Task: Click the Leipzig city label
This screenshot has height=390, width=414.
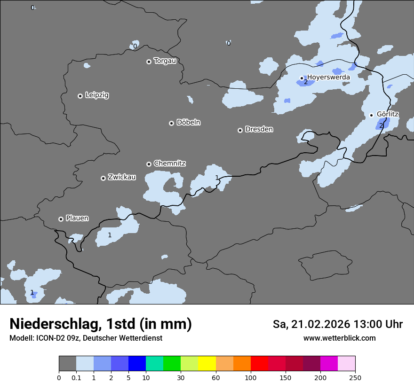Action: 97,95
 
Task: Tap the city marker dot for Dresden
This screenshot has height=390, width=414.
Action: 240,130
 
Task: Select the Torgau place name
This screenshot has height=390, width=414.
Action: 165,61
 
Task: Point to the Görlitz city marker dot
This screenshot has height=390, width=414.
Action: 371,115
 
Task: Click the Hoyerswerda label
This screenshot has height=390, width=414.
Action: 328,77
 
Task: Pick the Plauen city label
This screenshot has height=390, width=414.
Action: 77,218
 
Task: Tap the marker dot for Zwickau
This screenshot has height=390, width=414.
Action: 103,178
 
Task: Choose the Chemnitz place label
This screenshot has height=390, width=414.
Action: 169,163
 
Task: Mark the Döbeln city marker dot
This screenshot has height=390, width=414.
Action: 171,123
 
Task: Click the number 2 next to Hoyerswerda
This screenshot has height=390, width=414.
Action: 306,82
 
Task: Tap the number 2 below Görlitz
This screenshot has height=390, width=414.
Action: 381,125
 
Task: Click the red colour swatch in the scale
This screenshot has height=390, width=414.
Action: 259,364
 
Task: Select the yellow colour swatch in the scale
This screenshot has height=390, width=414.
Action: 207,364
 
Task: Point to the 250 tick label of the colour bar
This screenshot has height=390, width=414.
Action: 355,377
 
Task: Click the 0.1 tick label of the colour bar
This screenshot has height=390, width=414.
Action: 76,377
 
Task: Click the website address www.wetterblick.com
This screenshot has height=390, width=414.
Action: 340,338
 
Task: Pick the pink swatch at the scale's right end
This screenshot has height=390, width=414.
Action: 346,364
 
